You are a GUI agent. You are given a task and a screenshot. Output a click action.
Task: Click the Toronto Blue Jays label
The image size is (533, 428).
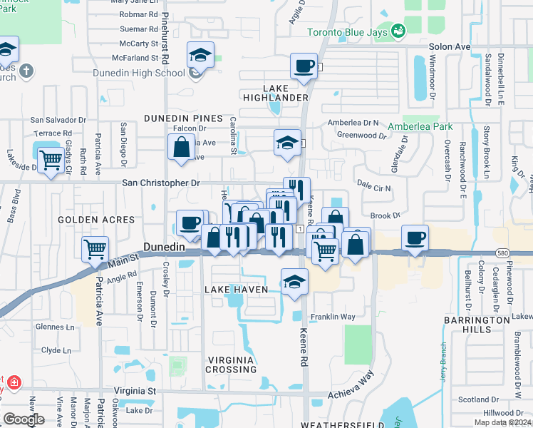(348, 33)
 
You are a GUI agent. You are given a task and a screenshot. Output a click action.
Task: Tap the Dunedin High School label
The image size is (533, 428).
(138, 73)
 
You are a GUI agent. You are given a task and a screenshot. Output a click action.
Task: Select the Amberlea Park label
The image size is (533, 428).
(420, 126)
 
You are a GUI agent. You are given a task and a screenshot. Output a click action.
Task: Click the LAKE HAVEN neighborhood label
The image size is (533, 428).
(236, 290)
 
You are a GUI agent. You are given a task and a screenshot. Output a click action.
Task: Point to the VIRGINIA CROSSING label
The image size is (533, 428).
(231, 364)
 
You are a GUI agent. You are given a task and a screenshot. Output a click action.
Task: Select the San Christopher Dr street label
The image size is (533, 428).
(161, 183)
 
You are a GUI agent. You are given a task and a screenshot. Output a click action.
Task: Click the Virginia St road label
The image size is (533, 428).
(135, 391)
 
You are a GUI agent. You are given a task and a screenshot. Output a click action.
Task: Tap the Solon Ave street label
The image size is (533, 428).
(450, 46)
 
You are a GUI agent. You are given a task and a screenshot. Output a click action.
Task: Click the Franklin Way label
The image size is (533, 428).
(333, 317)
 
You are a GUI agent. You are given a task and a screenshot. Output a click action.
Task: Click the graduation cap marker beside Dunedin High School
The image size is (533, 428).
(201, 56)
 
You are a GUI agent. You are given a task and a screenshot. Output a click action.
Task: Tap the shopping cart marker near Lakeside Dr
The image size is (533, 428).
(51, 160)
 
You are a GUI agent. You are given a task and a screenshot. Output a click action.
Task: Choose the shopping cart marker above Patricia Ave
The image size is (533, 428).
(95, 249)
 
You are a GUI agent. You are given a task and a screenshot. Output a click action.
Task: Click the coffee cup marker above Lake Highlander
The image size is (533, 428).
(304, 66)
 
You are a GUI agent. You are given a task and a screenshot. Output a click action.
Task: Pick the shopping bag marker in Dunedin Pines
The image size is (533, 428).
(182, 148)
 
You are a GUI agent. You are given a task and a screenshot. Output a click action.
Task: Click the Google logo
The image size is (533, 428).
(24, 419)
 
